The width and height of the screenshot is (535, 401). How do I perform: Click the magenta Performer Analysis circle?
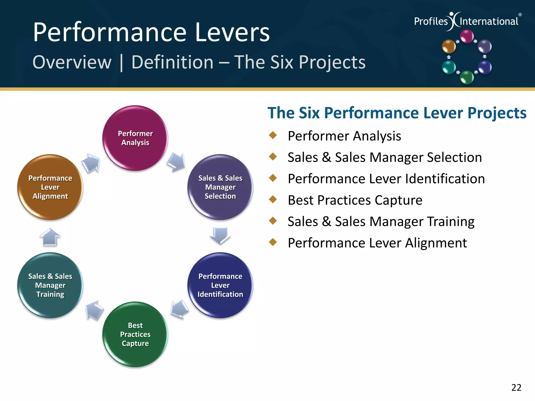click(135, 138)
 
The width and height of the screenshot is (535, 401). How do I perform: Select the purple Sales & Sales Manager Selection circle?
click(220, 187)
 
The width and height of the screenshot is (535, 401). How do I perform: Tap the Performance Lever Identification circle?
click(220, 285)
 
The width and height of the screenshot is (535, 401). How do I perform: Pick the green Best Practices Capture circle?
click(135, 334)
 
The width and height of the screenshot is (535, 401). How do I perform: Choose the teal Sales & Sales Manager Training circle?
click(50, 285)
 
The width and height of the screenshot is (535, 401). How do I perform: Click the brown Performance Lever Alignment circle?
click(50, 187)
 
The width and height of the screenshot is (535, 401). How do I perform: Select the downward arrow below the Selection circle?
click(220, 235)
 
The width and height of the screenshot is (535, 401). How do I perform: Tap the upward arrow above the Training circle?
click(50, 237)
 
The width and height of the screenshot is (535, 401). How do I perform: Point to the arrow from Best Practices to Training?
click(94, 310)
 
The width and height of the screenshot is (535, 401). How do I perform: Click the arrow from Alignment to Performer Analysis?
click(91, 163)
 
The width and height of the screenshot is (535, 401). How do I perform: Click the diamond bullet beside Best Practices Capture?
click(273, 199)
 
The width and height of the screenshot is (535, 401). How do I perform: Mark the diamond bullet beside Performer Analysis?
click(273, 135)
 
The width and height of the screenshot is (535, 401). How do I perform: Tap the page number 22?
click(516, 387)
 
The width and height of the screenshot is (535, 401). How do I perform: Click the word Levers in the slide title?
click(232, 32)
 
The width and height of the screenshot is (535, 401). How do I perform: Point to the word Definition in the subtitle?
click(172, 62)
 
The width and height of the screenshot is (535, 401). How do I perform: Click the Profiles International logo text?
click(466, 21)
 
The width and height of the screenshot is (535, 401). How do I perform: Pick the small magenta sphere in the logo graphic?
click(467, 36)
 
